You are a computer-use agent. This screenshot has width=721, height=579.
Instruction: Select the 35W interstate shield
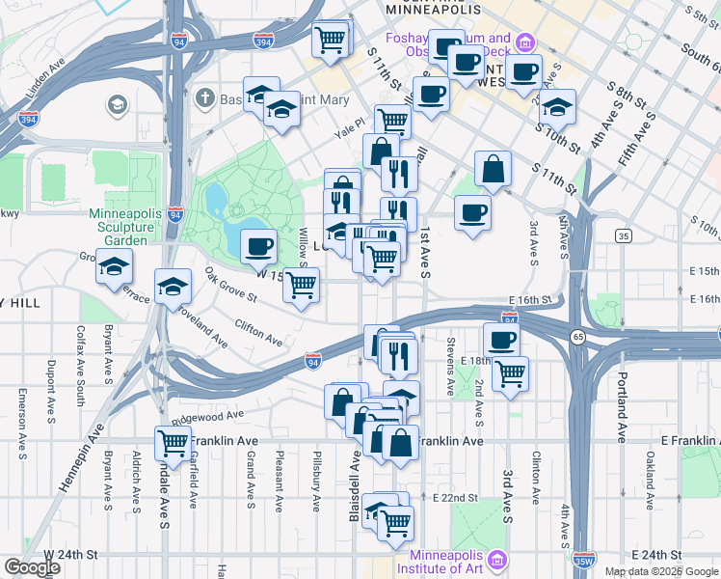tap(583, 560)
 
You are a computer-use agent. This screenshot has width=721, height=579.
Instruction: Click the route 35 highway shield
tap(624, 235)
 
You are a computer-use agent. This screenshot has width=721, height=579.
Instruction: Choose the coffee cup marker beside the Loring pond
tap(258, 247)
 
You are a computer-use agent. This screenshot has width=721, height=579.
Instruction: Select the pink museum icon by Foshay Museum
tap(525, 42)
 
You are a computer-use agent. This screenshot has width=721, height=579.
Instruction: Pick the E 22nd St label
tap(456, 497)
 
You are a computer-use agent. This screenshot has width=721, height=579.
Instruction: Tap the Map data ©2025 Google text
tap(661, 571)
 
